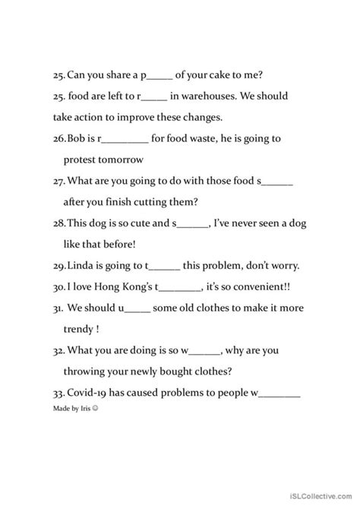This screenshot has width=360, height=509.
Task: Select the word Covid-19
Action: (x=90, y=394)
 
